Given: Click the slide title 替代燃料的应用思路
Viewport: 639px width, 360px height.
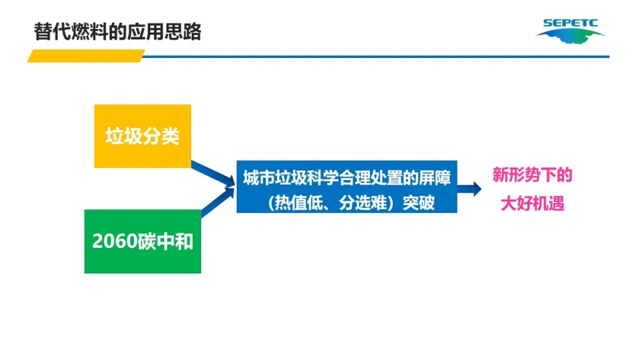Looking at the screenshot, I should point(118,31).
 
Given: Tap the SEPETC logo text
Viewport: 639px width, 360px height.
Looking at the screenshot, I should point(570,24).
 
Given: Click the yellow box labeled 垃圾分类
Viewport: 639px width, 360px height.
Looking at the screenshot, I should point(143,136).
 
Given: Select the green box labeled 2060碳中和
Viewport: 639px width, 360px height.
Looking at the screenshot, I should point(143,241).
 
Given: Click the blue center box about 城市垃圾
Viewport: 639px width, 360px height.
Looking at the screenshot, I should point(347,187).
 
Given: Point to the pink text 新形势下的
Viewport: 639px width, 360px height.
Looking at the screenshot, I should point(532,175).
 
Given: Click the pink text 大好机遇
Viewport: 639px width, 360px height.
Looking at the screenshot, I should point(532,204).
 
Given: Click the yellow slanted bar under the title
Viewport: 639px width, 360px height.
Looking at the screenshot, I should point(86,56).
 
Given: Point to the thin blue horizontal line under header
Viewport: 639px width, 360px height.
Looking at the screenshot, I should point(379,57).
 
